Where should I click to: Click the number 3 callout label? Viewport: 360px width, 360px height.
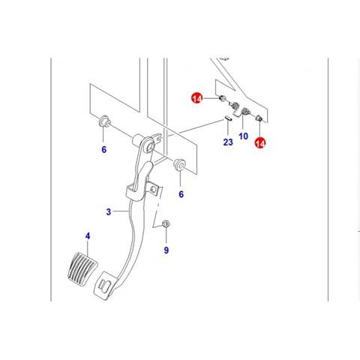click(x=108, y=211)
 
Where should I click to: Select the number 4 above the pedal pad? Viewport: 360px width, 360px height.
click(x=88, y=236)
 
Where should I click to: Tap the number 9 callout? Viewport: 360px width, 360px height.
click(x=166, y=250)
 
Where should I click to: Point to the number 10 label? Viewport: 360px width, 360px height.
click(x=243, y=136)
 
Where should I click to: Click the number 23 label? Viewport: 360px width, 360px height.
click(x=228, y=142)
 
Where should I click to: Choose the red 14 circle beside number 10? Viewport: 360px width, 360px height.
click(x=260, y=143)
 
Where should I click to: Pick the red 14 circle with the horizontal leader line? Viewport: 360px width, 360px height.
click(x=197, y=98)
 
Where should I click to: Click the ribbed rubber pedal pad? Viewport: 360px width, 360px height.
click(x=82, y=268)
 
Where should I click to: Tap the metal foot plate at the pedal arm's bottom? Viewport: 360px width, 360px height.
click(x=106, y=286)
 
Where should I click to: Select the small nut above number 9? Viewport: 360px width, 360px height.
click(x=165, y=223)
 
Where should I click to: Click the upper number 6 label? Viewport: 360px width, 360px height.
click(x=103, y=149)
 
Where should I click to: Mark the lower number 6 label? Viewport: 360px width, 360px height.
click(x=181, y=194)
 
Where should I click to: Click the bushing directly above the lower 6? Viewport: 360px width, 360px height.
click(x=180, y=164)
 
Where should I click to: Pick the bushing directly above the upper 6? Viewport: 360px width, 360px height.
click(x=103, y=121)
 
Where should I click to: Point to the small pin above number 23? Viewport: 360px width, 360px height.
click(x=228, y=118)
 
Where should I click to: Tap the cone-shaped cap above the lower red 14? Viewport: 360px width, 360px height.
click(x=259, y=118)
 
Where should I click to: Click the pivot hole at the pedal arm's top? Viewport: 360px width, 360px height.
click(x=149, y=147)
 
